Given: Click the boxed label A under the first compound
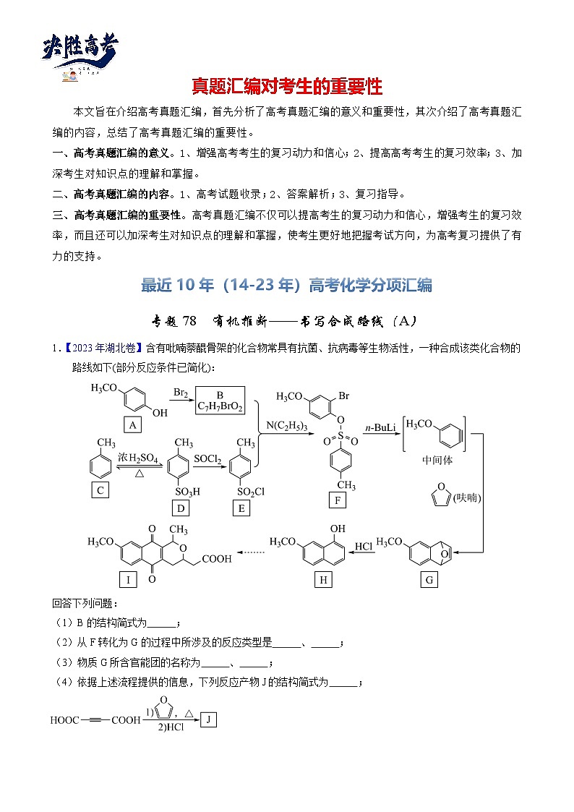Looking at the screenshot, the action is [x=132, y=425].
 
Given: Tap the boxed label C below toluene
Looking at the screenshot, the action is [x=100, y=490].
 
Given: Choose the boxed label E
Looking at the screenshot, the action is [x=241, y=508].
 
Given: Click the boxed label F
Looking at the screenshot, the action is [x=336, y=500].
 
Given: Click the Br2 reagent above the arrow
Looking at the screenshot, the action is [x=181, y=392].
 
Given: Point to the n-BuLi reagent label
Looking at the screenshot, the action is [x=380, y=429].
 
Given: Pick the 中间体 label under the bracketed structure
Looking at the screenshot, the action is [x=437, y=459].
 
